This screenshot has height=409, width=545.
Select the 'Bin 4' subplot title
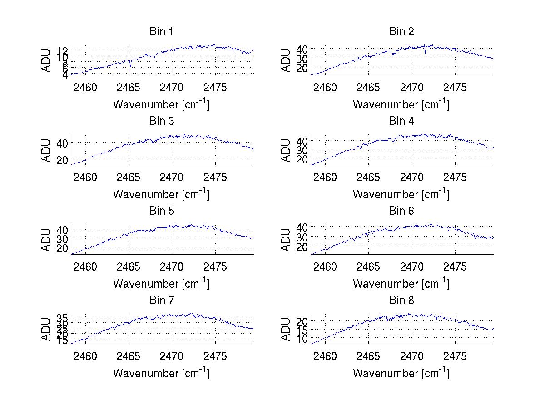[x=401, y=121]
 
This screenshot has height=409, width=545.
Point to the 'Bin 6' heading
[x=401, y=211]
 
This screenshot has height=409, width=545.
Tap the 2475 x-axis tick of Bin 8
[x=455, y=356]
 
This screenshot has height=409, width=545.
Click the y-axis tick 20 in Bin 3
[x=62, y=160]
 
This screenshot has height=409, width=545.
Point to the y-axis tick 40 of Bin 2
[x=302, y=49]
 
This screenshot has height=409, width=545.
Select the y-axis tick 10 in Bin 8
[x=302, y=339]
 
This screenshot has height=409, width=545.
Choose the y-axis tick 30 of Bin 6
[x=302, y=237]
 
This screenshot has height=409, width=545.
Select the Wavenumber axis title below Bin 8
[x=401, y=373]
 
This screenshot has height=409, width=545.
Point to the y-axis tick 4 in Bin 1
[x=65, y=75]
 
